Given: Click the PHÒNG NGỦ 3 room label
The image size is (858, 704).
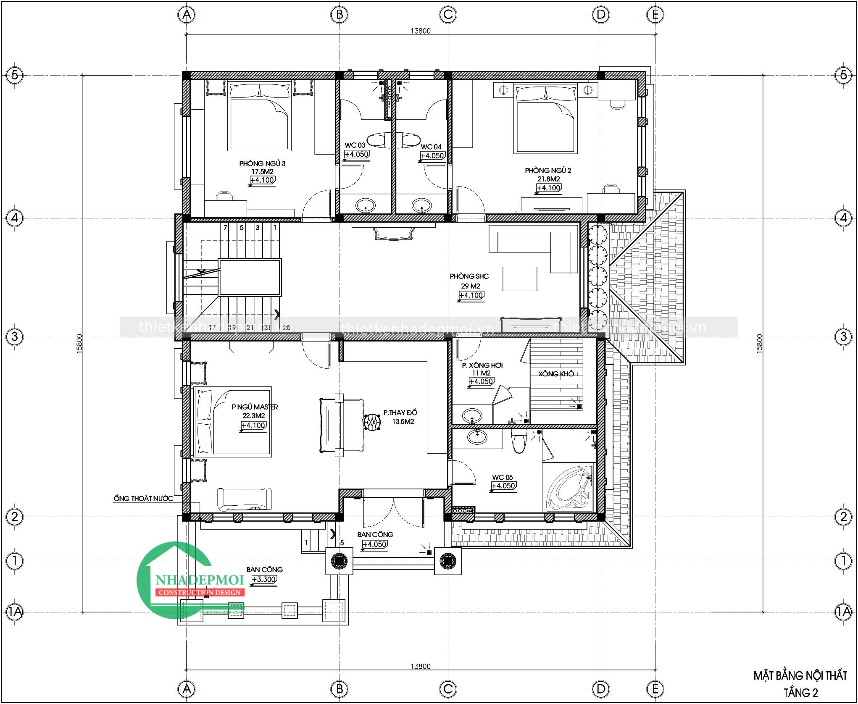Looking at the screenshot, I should pos(262,163).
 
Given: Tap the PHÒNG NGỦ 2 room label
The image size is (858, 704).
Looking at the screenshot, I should pos(548,171).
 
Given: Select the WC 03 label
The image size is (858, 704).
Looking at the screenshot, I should pos(355,145).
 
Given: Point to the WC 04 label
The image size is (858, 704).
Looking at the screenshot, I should pos(431,147).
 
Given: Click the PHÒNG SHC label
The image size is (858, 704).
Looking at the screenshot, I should pos(469,276).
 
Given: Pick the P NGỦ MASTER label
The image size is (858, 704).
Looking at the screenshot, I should pos(255,407).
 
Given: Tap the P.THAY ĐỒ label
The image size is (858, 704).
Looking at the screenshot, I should pos(400,413).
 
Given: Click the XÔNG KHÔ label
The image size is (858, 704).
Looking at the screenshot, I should pos(556,374).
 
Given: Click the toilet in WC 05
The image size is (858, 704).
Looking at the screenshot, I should pos(519,441).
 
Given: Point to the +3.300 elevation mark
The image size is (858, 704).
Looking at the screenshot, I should pos(264,580).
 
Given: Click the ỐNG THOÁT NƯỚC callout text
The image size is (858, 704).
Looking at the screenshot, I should pos(143,499).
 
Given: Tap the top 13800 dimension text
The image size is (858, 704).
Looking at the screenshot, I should pos(421,31).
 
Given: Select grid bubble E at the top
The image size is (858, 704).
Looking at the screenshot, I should pos(655,15).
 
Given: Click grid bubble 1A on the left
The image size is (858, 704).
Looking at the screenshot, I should pos(15,612).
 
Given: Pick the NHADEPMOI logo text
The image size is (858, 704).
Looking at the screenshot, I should pos(200,580).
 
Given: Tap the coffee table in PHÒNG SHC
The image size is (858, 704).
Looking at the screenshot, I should pos(520,279).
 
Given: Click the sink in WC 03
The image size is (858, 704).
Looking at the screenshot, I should pos(365,206).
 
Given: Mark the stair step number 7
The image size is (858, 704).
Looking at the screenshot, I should pos(226,228).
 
